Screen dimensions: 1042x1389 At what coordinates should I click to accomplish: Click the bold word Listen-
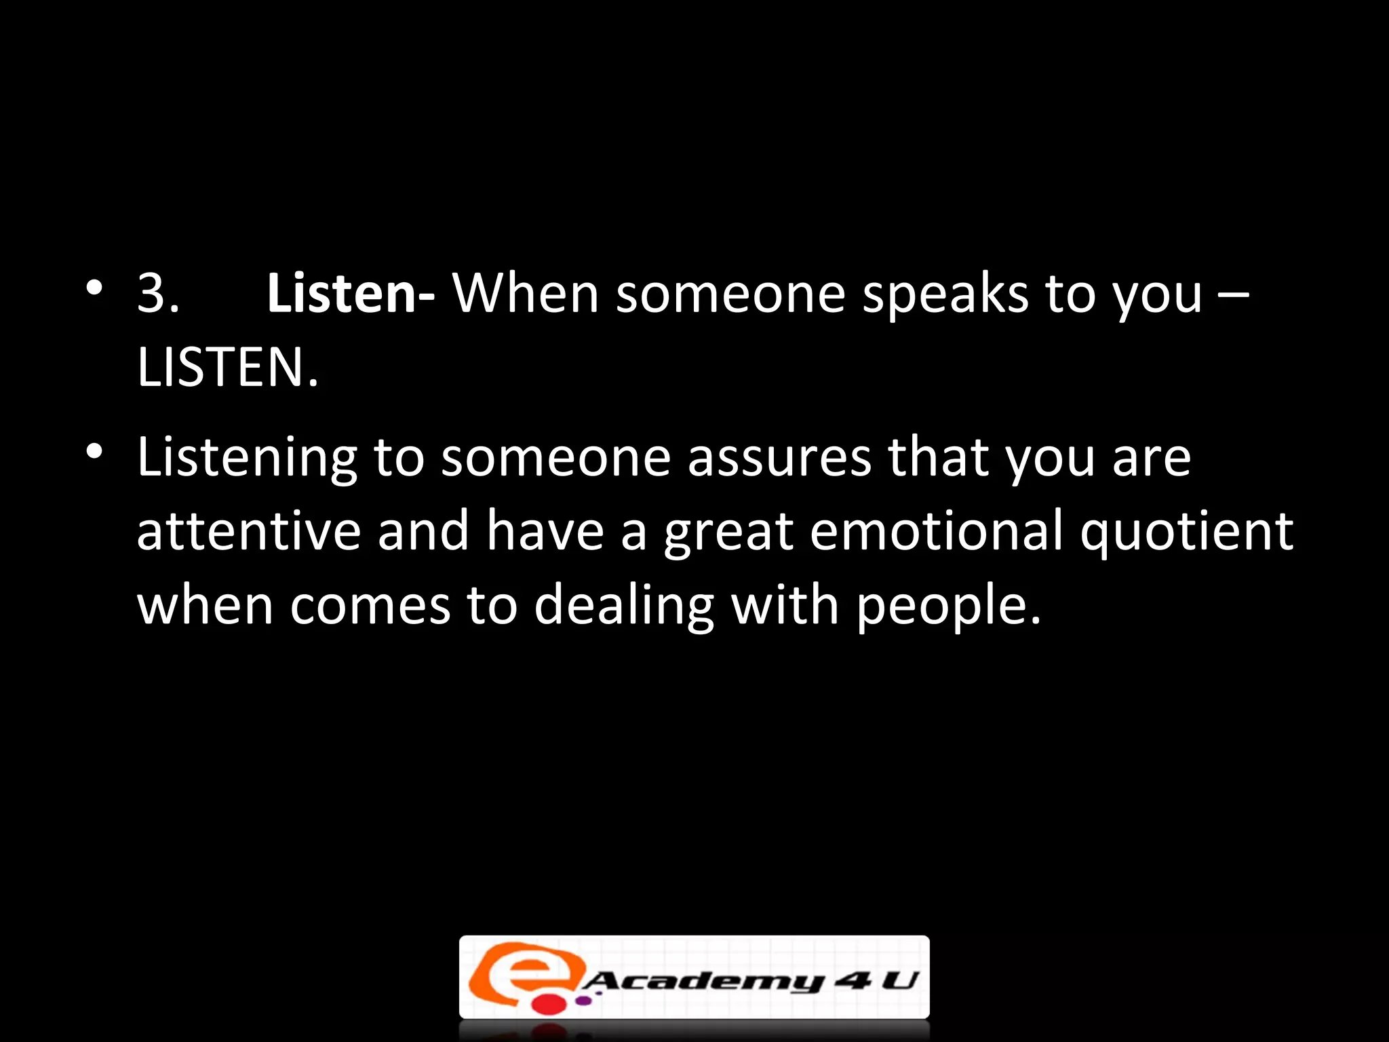[351, 294]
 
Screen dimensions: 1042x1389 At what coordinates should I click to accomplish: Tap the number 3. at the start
[158, 294]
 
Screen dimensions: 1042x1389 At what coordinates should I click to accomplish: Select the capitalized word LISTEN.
[227, 368]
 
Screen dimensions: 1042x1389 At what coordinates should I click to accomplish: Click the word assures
[779, 459]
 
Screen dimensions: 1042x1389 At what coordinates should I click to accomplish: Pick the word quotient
[1187, 533]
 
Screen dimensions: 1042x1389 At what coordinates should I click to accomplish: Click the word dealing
[624, 606]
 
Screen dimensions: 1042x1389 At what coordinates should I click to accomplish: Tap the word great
[728, 533]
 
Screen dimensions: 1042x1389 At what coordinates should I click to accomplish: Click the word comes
[370, 606]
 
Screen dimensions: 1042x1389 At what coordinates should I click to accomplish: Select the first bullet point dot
[95, 288]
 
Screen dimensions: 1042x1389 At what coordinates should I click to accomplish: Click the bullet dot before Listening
[95, 451]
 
